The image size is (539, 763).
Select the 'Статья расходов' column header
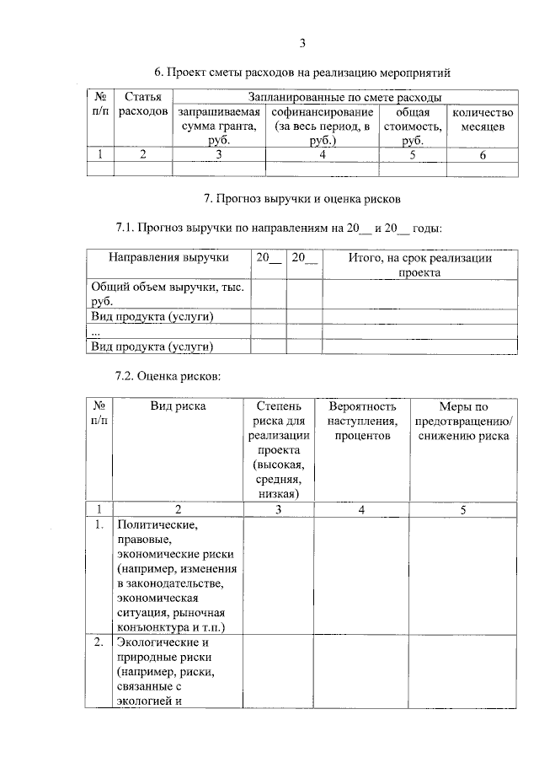(x=143, y=105)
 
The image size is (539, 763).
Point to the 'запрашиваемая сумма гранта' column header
(x=219, y=126)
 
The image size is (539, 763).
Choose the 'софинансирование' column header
(x=323, y=126)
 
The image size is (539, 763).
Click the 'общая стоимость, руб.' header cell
(x=413, y=126)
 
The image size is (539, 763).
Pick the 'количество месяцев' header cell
(x=483, y=119)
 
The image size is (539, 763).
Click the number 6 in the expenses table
(x=483, y=154)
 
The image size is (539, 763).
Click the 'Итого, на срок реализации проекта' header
(x=420, y=265)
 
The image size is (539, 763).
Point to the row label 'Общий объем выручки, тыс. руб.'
(x=167, y=293)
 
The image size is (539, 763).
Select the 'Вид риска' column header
(x=178, y=406)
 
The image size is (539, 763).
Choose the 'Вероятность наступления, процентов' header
(x=362, y=421)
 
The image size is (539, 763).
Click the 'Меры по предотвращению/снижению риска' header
(x=463, y=421)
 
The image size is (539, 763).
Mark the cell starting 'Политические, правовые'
(x=178, y=577)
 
